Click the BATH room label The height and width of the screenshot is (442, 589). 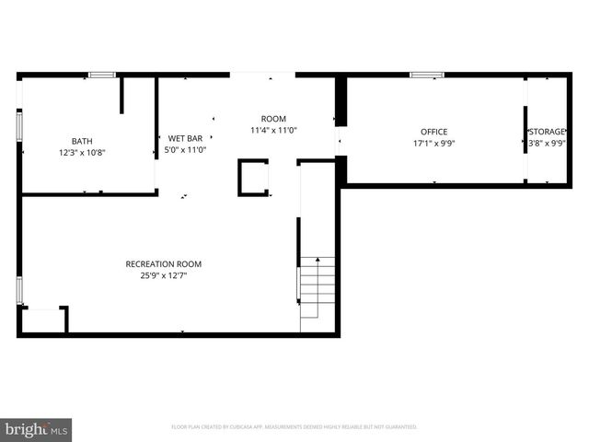83,141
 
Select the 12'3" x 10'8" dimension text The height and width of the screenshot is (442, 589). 83,152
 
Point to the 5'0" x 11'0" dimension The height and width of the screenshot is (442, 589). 185,149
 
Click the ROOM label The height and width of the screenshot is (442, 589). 273,119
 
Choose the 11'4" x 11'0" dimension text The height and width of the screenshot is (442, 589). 273,130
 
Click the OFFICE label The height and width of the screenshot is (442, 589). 433,132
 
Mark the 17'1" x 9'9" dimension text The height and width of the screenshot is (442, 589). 433,143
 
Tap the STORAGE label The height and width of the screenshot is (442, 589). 547,132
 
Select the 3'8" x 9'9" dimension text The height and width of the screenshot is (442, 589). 547,143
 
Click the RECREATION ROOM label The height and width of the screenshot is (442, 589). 164,264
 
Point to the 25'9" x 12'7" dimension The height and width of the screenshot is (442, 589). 164,275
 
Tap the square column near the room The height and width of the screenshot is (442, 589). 254,178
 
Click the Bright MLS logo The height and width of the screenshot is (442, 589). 37,429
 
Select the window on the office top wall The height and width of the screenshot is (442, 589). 426,74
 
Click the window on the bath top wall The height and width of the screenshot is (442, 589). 101,74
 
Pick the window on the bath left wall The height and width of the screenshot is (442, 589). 18,125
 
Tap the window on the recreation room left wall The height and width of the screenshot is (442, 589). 18,288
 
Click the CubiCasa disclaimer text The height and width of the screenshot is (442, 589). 294,427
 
